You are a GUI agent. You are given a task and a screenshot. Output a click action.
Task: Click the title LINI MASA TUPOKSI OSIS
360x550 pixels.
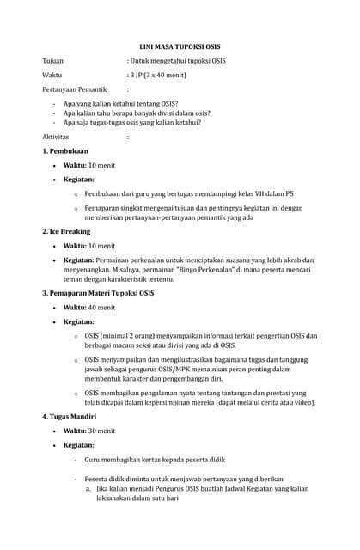coord(180,46)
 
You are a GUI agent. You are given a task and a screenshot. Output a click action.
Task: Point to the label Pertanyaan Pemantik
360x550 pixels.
coord(75,89)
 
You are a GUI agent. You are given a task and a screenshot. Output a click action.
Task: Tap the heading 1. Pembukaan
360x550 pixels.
coord(65,151)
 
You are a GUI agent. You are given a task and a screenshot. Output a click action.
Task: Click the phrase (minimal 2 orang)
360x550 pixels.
coord(135,335)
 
